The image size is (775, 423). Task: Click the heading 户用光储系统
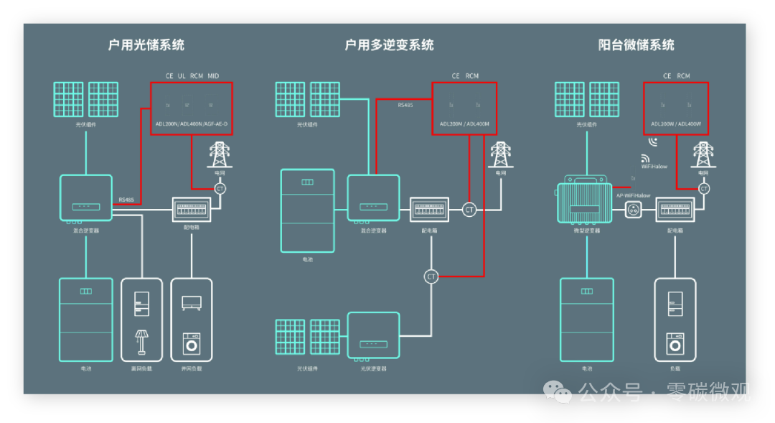(146, 45)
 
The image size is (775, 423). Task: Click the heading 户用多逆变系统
(389, 45)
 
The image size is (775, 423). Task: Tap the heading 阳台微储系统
(636, 45)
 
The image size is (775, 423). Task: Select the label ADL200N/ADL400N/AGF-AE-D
(191, 124)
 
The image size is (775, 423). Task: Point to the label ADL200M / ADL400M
(464, 124)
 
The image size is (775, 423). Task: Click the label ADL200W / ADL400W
(675, 124)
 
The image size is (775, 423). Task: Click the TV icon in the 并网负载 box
(192, 302)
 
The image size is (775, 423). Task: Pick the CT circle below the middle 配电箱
(431, 276)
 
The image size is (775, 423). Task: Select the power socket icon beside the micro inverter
(634, 210)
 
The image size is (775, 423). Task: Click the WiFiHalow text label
(654, 167)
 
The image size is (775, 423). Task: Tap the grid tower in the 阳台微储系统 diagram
(703, 154)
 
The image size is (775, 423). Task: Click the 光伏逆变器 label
(373, 368)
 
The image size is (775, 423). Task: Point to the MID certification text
(213, 76)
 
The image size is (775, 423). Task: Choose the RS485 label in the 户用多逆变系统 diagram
(405, 106)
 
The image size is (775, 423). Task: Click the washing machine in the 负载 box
(675, 343)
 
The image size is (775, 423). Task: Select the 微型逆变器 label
(586, 231)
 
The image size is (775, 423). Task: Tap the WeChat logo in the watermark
(557, 391)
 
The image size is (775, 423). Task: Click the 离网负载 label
(141, 368)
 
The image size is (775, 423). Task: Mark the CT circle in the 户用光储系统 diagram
(220, 188)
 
